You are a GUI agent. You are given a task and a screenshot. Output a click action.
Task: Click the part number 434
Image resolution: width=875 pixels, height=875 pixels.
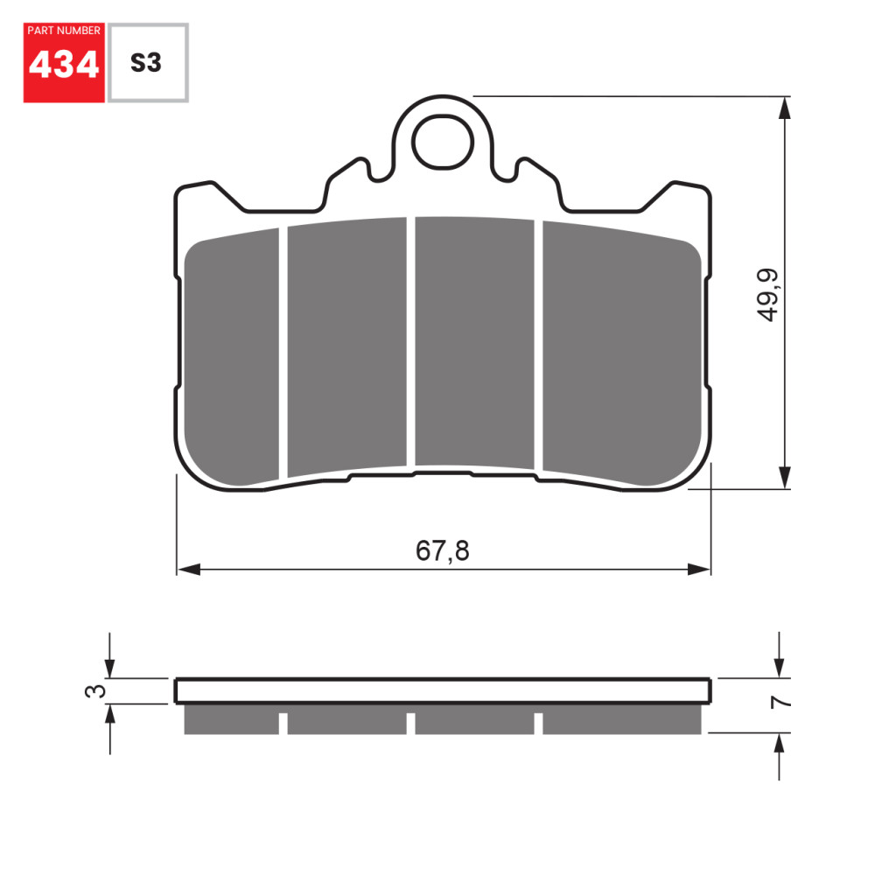(64, 65)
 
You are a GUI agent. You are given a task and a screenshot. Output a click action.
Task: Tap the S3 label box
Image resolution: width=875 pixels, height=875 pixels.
(146, 63)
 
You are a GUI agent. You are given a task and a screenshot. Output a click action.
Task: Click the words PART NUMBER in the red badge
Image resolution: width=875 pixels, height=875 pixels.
(64, 31)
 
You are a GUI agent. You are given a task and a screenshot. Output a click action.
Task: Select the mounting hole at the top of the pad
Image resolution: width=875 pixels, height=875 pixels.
(441, 144)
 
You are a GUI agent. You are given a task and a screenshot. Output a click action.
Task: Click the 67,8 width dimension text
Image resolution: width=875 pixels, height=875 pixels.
(442, 551)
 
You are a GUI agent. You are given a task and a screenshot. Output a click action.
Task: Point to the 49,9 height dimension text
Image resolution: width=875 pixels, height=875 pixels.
(769, 295)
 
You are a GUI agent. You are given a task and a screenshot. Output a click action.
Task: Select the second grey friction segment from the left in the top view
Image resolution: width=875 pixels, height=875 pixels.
(347, 346)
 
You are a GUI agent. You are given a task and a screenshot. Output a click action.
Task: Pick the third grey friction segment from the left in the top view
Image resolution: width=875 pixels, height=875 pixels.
(474, 341)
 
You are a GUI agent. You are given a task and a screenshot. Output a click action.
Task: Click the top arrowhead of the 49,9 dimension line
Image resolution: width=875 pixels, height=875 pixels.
(785, 108)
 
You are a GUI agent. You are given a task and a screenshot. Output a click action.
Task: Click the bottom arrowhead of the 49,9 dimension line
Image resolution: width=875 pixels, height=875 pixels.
(785, 478)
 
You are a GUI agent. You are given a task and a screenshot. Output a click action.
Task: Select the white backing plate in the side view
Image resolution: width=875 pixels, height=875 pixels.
(443, 691)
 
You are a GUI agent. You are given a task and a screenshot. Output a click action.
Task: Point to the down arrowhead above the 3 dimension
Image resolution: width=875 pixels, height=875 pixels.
(109, 667)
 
